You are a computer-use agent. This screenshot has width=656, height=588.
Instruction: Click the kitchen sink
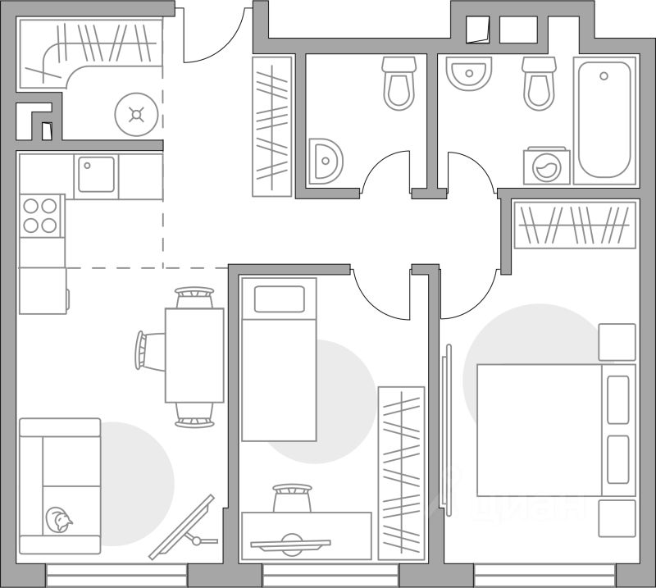coord(96,175)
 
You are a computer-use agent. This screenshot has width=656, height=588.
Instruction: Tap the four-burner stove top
coord(42,215)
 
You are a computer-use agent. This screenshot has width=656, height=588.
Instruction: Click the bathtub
coord(604,120)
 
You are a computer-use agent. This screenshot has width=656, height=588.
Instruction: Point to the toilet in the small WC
coord(399,84)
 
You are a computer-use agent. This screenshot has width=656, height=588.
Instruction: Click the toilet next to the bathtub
coord(539,83)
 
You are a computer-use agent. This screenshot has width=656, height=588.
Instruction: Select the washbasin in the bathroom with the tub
coord(468,74)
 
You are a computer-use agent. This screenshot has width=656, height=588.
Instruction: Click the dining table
coord(194,354)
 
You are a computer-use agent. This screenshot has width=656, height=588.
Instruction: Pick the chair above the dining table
coord(194,296)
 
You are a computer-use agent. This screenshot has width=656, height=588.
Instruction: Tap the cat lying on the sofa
coord(59,518)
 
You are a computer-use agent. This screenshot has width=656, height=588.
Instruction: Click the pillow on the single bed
coord(279,299)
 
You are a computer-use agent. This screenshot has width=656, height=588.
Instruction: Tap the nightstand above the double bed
coord(617,342)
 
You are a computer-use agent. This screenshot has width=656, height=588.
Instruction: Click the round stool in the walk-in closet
coord(136,114)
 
